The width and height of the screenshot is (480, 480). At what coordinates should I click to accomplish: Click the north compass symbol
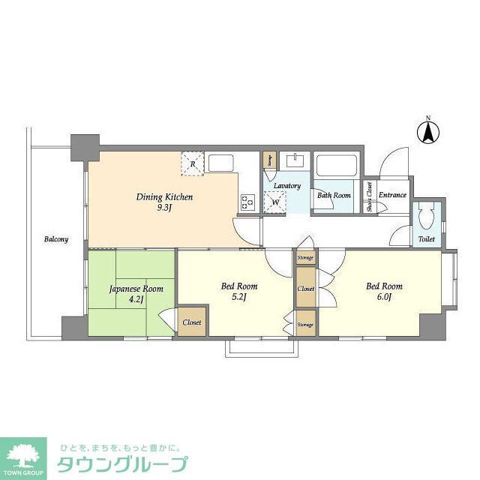click(x=427, y=131)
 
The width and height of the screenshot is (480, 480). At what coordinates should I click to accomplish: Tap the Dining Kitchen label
click(x=164, y=196)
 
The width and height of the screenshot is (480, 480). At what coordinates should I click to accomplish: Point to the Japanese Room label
click(x=131, y=288)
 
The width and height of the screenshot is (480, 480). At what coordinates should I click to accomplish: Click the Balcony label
click(x=55, y=239)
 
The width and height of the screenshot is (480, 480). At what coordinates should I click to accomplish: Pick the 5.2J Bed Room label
click(x=238, y=286)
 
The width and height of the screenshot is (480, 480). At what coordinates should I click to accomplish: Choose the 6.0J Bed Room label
click(x=383, y=286)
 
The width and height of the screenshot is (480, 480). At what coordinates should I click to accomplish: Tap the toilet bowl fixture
click(x=426, y=217)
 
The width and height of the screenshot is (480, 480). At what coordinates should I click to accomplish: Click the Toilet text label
click(x=426, y=239)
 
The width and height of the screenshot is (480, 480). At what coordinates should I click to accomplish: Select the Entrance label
click(x=392, y=195)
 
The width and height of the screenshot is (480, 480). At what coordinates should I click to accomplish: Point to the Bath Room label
click(x=333, y=195)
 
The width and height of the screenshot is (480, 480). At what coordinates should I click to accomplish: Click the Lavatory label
click(x=286, y=185)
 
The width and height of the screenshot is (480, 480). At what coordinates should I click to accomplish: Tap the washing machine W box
click(x=275, y=202)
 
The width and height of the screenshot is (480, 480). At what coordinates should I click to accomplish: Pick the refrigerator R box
click(x=193, y=163)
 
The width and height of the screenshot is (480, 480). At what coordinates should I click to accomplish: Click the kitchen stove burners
click(x=247, y=201)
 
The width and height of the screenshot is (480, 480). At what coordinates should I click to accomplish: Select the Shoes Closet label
click(x=370, y=196)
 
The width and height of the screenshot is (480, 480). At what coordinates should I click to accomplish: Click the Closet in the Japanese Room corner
click(x=191, y=322)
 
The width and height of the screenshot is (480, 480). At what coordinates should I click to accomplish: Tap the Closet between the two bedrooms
click(x=305, y=289)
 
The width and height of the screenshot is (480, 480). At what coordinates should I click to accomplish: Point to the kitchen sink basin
click(x=222, y=163)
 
